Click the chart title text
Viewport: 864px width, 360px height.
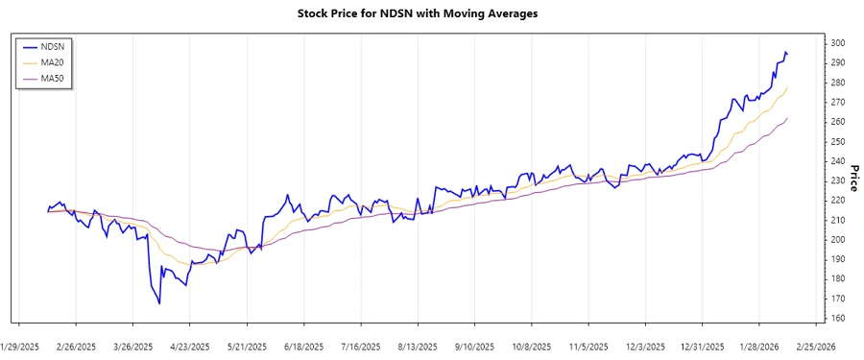tap(431, 13)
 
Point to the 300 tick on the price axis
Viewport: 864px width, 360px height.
tap(838, 43)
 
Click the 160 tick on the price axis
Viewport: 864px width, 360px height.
tap(838, 318)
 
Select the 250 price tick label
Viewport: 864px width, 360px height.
tap(838, 141)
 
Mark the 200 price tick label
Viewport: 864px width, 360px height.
tap(838, 239)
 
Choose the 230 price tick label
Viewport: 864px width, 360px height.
tap(838, 180)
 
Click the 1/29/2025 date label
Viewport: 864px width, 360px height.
tap(20, 346)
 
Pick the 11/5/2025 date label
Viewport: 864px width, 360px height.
tap(588, 346)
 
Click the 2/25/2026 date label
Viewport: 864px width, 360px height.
tap(815, 346)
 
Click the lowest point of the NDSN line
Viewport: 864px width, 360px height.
tap(159, 303)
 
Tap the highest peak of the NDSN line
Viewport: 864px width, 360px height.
tap(786, 52)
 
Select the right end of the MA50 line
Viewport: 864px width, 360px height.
tap(788, 118)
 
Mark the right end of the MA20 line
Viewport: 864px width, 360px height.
tap(788, 87)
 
